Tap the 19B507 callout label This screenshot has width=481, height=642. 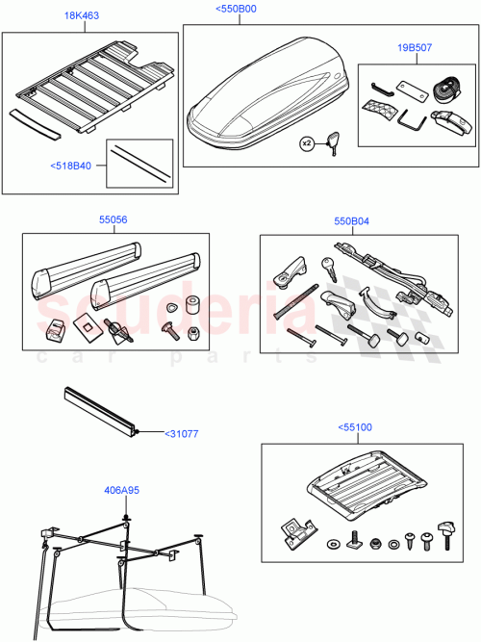click(415, 46)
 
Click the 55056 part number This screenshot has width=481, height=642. click(114, 219)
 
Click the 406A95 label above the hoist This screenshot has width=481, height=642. click(121, 489)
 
